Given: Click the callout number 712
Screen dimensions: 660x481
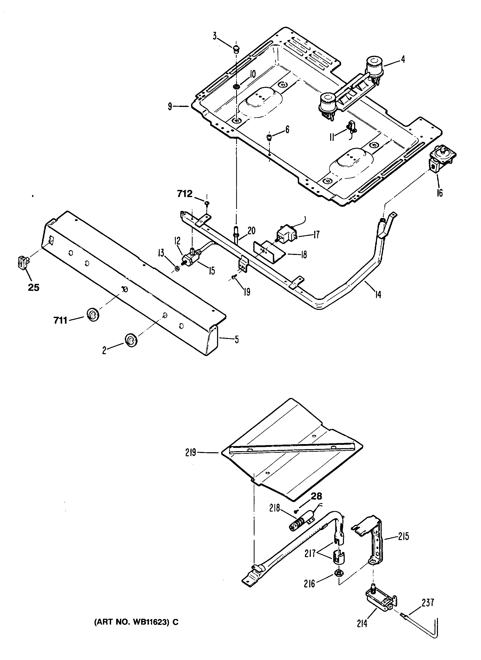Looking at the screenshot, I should (185, 194).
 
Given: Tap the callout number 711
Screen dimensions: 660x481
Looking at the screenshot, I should (60, 320).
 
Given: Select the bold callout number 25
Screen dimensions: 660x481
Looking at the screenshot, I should (33, 288).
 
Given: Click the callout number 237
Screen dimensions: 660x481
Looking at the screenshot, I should (428, 603).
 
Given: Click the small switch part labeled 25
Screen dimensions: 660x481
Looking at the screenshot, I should (22, 262).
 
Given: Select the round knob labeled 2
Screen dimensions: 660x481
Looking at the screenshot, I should (131, 340).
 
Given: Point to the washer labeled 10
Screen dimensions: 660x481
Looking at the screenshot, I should (237, 86).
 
